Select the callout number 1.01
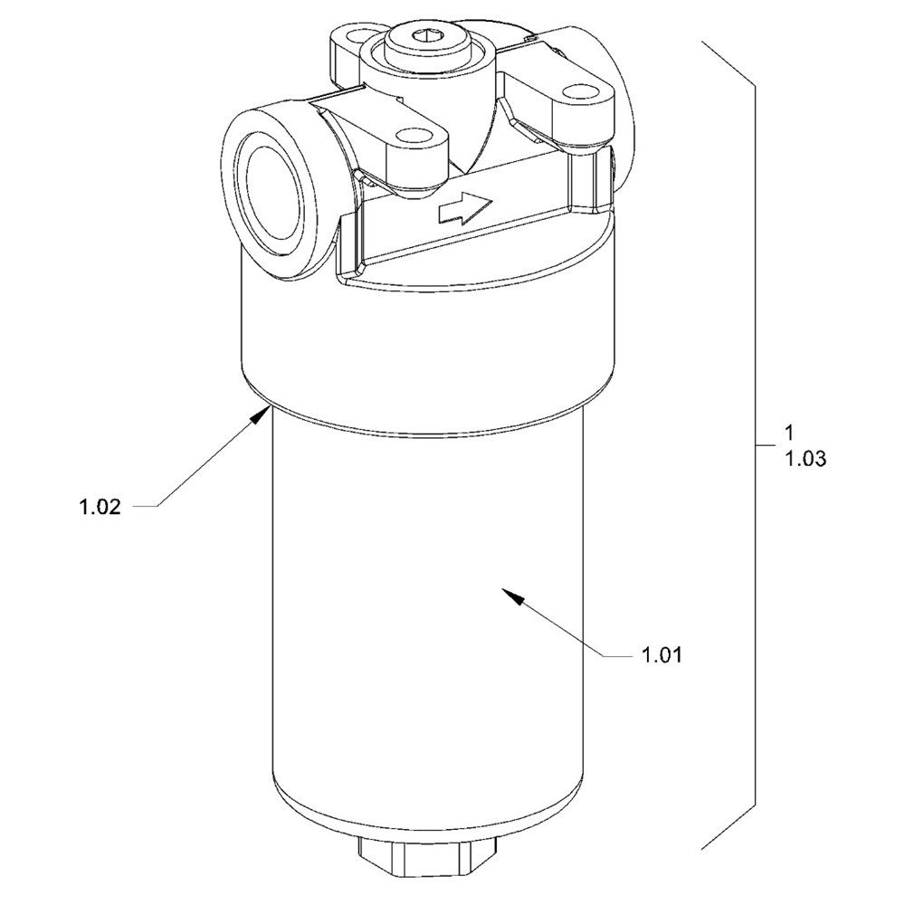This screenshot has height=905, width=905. [661, 654]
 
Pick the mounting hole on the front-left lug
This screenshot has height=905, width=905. [414, 138]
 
